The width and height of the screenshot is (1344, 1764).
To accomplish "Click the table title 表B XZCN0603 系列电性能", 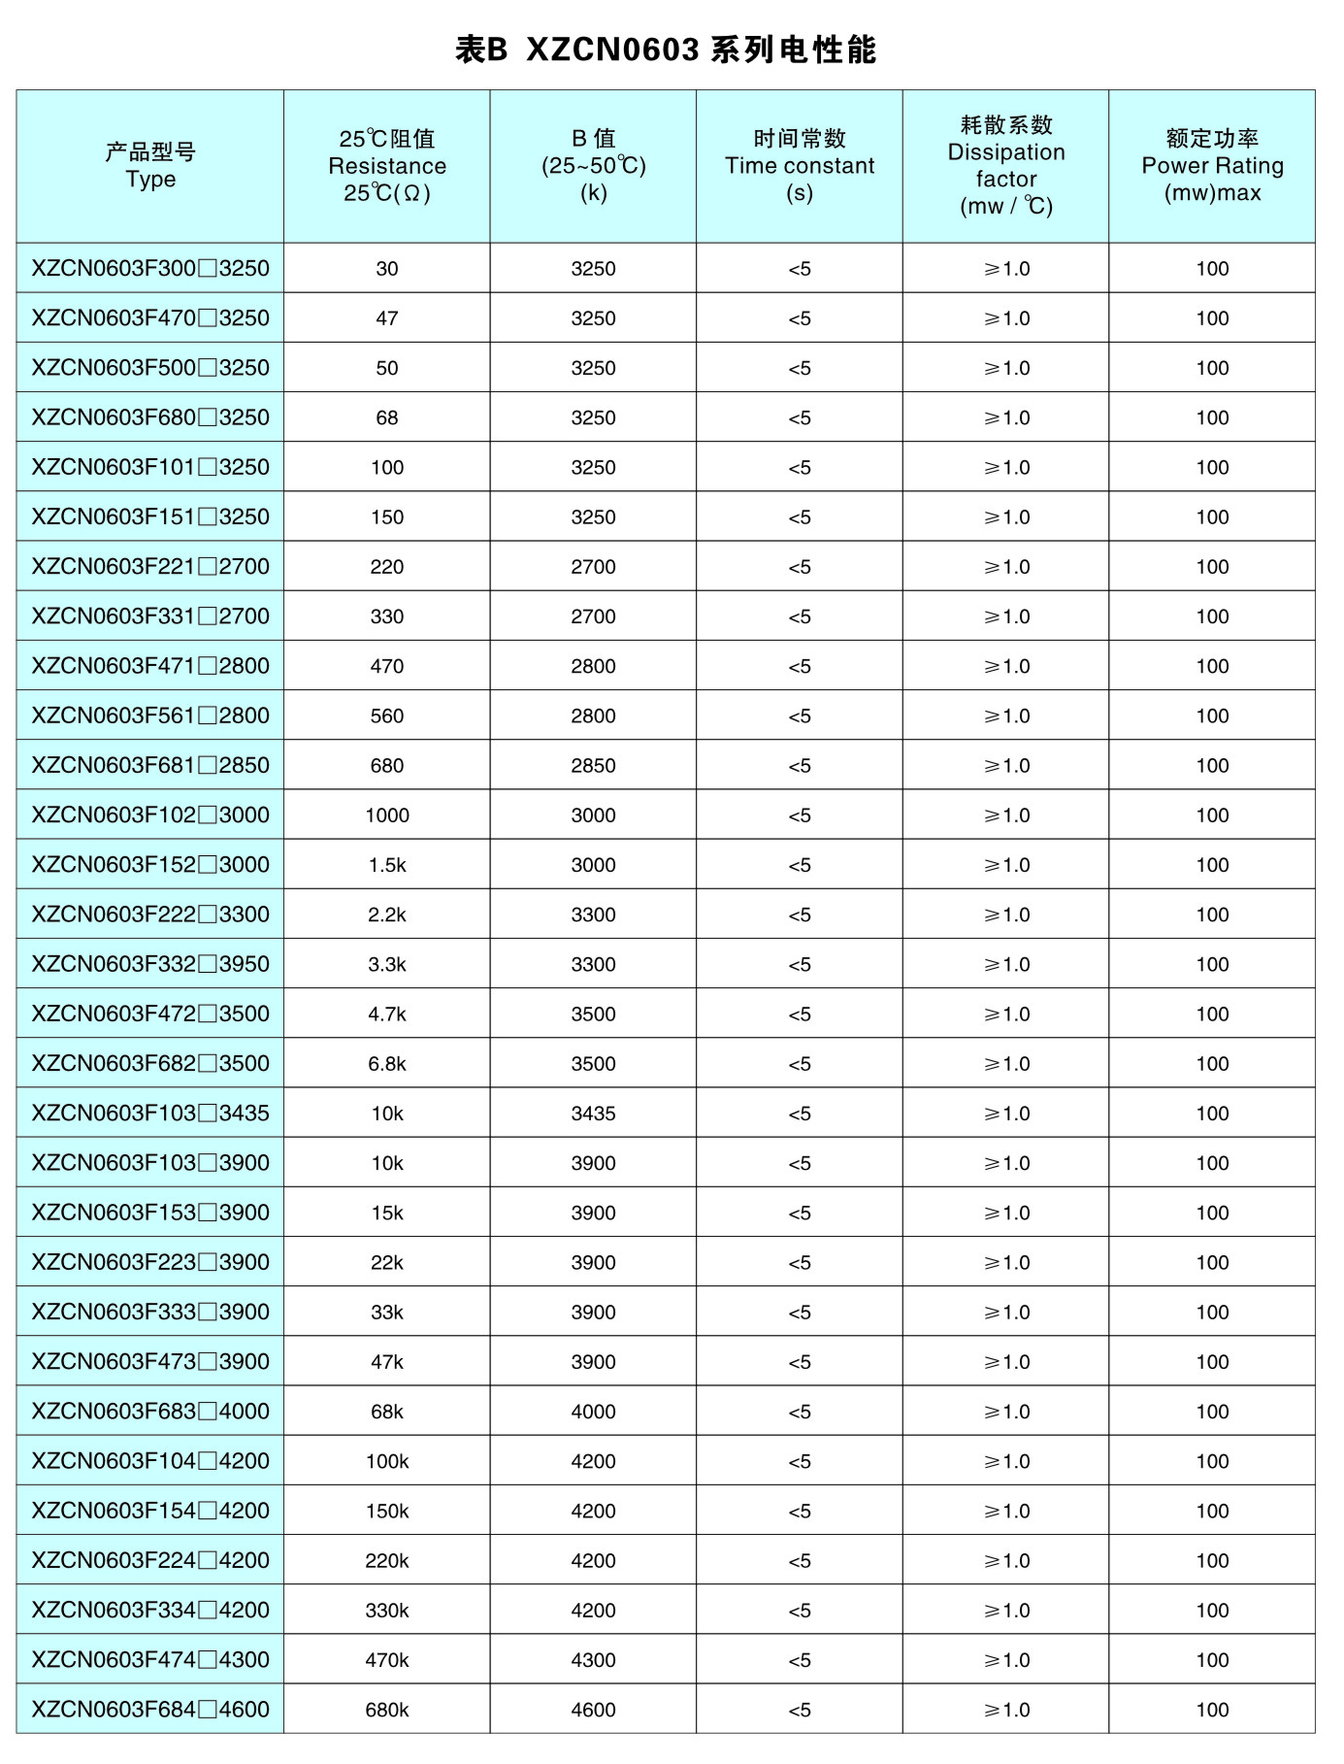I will click(x=666, y=50).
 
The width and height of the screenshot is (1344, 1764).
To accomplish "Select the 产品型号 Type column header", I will click(x=150, y=165).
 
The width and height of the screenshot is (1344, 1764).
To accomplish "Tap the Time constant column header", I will click(x=799, y=165).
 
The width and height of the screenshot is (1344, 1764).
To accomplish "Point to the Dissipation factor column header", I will click(x=1005, y=165).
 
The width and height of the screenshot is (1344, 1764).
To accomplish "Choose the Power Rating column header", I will click(x=1212, y=165).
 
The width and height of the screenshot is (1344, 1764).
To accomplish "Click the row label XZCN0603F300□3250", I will click(x=150, y=269).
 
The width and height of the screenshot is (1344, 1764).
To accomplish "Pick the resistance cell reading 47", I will click(x=387, y=318).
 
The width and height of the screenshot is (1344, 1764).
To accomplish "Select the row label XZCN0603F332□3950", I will click(x=150, y=964).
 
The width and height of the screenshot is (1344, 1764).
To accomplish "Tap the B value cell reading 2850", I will click(x=593, y=766).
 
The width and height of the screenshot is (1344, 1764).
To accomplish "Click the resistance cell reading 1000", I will click(x=387, y=815).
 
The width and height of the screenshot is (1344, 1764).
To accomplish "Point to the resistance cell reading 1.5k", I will click(x=387, y=865).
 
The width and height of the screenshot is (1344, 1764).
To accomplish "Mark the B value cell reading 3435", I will click(x=593, y=1114).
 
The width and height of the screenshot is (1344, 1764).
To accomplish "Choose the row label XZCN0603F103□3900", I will click(x=150, y=1163).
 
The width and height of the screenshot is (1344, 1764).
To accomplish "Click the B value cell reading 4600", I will click(x=593, y=1710).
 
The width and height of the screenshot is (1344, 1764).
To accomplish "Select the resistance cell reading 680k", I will click(x=387, y=1710).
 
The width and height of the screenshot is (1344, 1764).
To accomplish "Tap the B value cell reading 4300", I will click(x=593, y=1660).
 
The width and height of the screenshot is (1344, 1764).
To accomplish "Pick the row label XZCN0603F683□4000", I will click(x=150, y=1412).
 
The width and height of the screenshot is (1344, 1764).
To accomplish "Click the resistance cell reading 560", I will click(x=387, y=716).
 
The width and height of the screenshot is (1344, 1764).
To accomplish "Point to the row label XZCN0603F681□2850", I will click(x=150, y=766).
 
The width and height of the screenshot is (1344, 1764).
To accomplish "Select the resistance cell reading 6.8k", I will click(x=387, y=1064).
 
